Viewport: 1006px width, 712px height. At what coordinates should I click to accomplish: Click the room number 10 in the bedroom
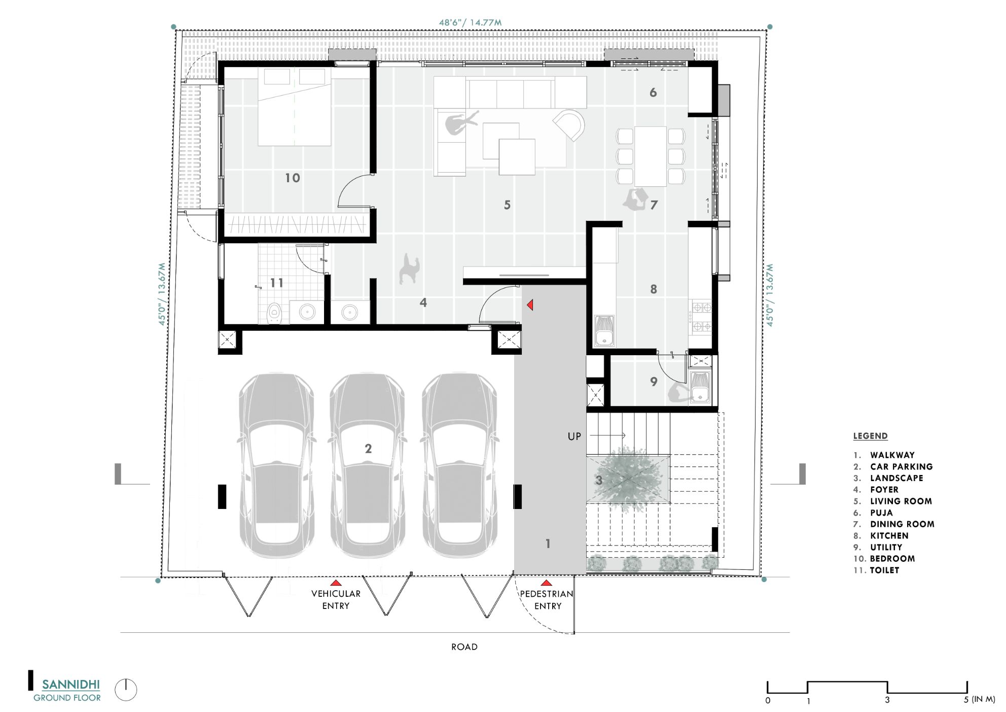coord(293,178)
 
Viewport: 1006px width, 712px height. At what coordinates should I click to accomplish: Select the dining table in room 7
coord(651,156)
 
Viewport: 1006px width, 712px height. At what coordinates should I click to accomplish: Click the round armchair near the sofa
coord(570,124)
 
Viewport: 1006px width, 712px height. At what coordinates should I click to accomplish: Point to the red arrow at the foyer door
coord(530,305)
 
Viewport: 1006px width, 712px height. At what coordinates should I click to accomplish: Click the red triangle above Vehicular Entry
coord(336,583)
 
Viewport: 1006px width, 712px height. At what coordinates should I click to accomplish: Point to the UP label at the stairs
coord(574,436)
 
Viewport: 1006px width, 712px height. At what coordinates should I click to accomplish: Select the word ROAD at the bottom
coord(464,647)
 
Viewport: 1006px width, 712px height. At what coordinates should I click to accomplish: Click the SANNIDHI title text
coord(71,685)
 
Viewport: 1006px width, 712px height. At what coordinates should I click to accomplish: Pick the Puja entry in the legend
coord(881,513)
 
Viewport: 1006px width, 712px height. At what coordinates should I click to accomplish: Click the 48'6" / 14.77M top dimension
coord(470,22)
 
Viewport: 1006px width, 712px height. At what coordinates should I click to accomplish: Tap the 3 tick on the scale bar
coord(887,700)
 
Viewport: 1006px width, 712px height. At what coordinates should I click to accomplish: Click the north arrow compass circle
coord(126,690)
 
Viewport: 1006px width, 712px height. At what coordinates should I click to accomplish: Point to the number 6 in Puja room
coord(653,93)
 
